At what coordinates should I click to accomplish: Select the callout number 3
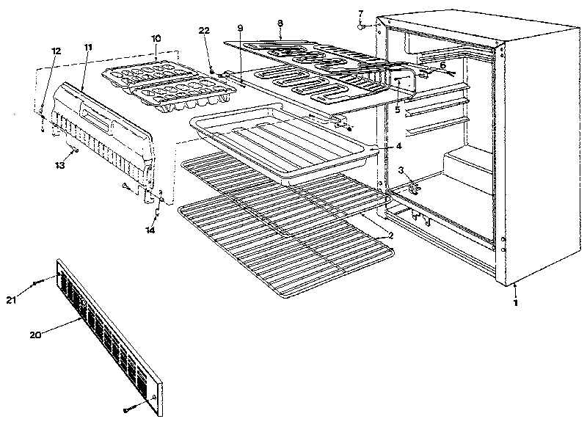[x=401, y=170]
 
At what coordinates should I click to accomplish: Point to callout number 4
[x=398, y=145]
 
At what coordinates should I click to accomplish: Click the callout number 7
[x=360, y=13]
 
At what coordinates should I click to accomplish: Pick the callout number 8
[x=280, y=24]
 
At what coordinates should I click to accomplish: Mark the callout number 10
[x=156, y=37]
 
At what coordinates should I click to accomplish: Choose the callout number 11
[x=88, y=47]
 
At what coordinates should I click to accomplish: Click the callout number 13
[x=60, y=166]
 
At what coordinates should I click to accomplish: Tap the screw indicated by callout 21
[x=37, y=282]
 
